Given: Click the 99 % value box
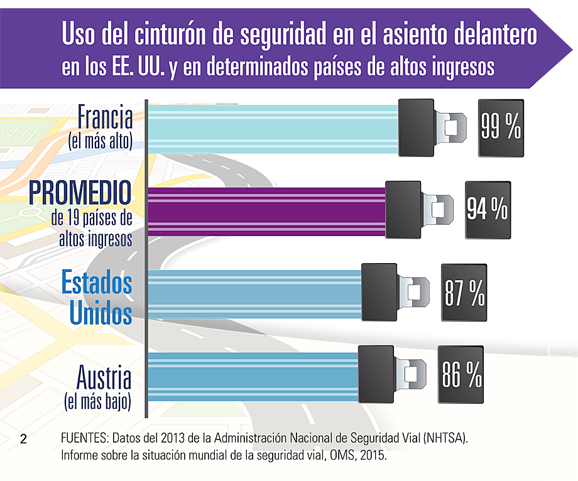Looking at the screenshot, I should (x=501, y=127).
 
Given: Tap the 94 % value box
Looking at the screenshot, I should (x=487, y=210).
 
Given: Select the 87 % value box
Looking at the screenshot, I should (x=464, y=293).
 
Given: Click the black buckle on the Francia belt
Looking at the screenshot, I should (x=416, y=128).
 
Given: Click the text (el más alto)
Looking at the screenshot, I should (x=101, y=142).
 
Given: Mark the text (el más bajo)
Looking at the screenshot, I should (x=99, y=401).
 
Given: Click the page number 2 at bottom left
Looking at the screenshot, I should (x=24, y=439).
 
